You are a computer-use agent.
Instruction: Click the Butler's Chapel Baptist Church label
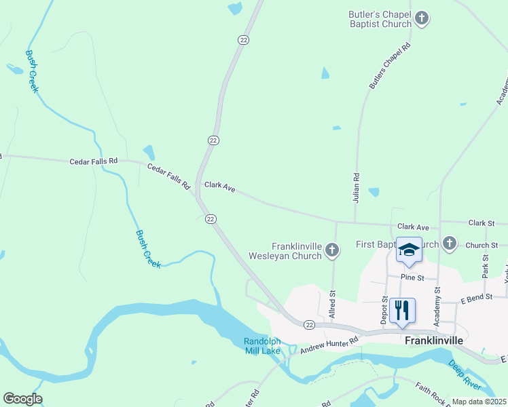click(380, 18)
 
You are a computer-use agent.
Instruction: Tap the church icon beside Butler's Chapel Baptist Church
click(422, 18)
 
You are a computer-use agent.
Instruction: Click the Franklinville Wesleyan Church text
click(296, 251)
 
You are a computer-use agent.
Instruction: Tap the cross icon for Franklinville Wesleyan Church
click(332, 251)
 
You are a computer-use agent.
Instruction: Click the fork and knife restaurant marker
click(402, 311)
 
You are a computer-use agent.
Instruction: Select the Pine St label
click(412, 277)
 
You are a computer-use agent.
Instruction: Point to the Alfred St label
click(333, 305)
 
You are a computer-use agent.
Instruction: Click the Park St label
click(485, 265)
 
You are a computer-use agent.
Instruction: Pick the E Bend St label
click(475, 299)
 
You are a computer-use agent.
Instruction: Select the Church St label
click(482, 246)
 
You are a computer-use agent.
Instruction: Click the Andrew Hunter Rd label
click(329, 345)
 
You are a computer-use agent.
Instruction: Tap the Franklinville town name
click(433, 341)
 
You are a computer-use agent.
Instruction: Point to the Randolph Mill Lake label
click(262, 346)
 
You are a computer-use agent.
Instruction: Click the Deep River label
click(465, 375)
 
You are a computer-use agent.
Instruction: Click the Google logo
click(22, 399)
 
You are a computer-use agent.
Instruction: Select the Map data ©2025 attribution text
click(479, 402)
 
